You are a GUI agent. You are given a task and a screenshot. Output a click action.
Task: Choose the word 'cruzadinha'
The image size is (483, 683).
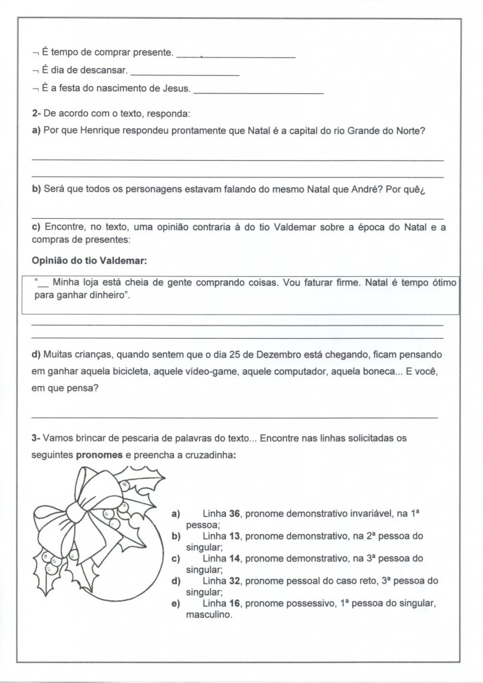(x=209, y=455)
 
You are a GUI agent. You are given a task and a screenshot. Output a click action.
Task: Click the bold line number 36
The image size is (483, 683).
(x=234, y=514)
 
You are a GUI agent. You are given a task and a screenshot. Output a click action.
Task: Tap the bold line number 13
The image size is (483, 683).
(x=234, y=536)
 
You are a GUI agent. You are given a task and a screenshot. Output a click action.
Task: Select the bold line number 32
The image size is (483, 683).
(x=234, y=581)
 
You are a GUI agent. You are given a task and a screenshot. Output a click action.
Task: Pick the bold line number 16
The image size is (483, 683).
(x=234, y=604)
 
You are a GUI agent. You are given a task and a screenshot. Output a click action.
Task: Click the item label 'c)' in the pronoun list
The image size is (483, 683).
(x=176, y=558)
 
